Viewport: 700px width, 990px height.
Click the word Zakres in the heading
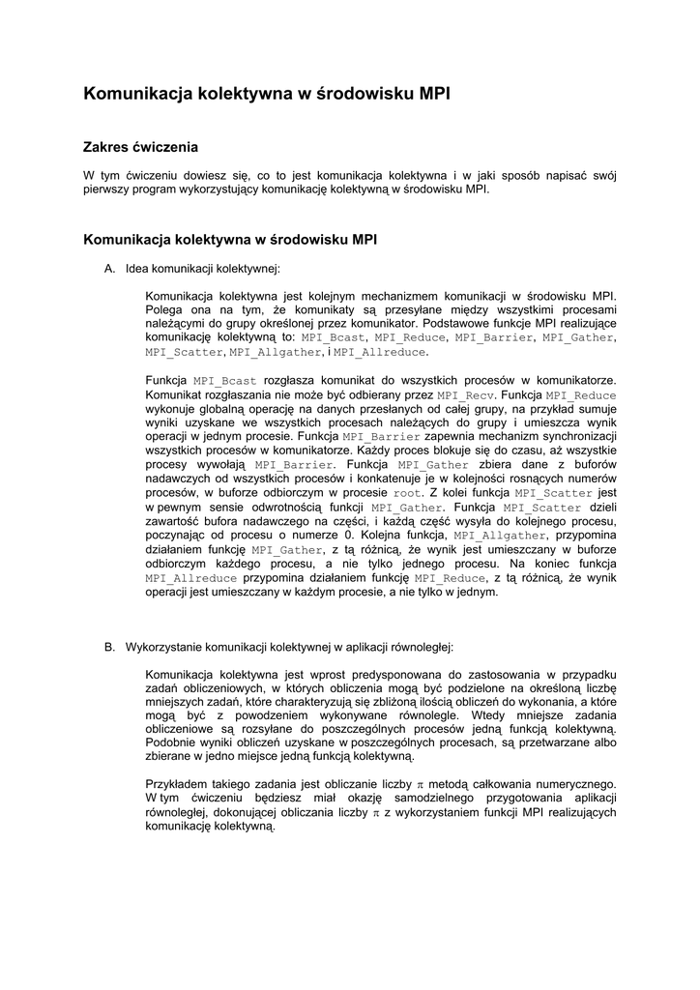(x=106, y=147)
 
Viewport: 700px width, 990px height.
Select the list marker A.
(x=109, y=269)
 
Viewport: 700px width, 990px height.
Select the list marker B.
(x=109, y=647)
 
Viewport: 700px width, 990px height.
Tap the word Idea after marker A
(x=137, y=269)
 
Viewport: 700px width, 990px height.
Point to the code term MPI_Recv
(x=466, y=395)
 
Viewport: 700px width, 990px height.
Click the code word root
(x=408, y=493)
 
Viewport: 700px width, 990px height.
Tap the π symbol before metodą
(x=421, y=784)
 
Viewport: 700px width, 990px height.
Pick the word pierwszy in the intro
(x=106, y=189)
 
